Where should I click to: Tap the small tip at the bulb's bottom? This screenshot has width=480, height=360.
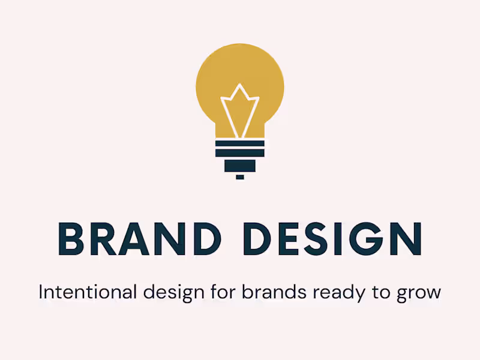(x=240, y=176)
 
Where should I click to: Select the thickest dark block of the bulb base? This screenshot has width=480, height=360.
(x=240, y=164)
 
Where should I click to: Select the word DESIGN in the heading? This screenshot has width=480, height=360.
(x=334, y=239)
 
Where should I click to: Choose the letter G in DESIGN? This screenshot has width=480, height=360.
(x=363, y=239)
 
